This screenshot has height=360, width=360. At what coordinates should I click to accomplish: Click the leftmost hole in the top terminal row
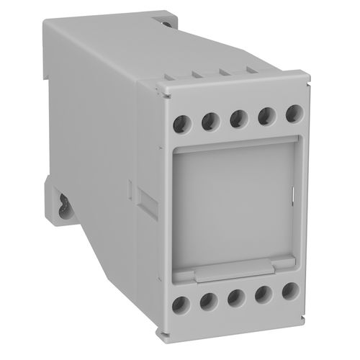click(x=184, y=123)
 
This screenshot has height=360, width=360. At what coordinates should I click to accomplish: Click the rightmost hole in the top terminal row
click(x=292, y=113)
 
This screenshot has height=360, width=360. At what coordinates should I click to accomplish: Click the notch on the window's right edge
click(x=294, y=193)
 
